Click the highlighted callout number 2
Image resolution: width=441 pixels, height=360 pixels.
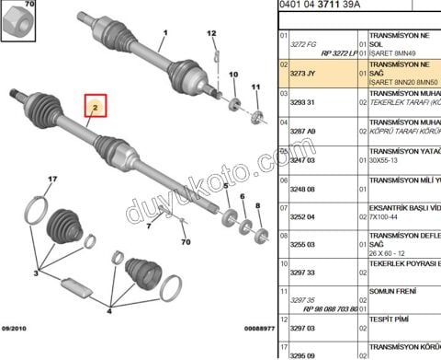(94, 109)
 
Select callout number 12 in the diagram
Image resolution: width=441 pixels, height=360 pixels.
(212, 35)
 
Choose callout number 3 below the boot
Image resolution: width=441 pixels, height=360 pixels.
(35, 273)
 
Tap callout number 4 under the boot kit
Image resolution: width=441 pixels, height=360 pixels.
(110, 308)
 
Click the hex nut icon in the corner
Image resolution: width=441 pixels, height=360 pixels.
(14, 18)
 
